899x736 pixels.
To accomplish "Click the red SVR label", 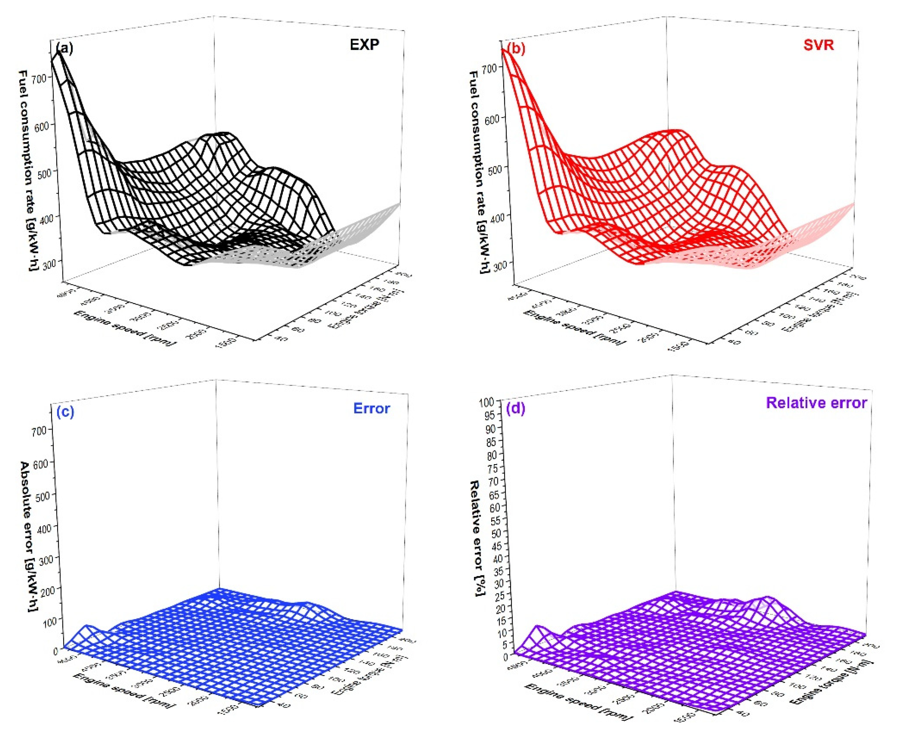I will [x=818, y=45].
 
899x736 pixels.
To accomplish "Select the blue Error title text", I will [x=371, y=408].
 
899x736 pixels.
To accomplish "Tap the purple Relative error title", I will [x=816, y=403].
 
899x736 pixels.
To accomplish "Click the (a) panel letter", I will [x=64, y=48].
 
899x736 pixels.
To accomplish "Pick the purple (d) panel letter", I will [x=516, y=408].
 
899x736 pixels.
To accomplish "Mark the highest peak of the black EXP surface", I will [x=60, y=53].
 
